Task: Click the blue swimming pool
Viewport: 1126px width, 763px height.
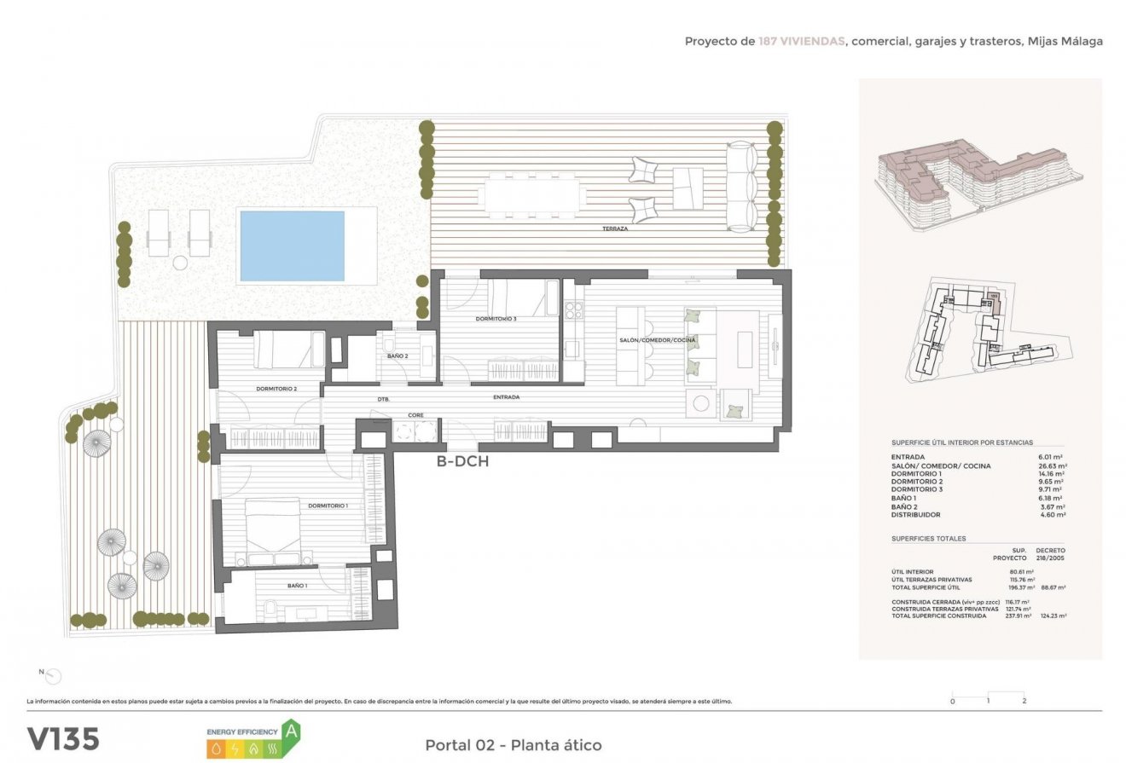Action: click(292, 246)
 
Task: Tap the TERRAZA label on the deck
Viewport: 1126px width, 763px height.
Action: click(615, 229)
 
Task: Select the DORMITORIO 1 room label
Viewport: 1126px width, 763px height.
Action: click(328, 506)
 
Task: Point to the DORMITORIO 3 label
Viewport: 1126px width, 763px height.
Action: click(496, 319)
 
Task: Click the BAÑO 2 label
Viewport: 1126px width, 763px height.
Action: click(398, 355)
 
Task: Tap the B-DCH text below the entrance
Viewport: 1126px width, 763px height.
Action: click(462, 461)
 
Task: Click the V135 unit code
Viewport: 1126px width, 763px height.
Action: click(63, 738)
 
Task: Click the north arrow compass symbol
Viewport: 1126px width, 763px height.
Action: click(53, 677)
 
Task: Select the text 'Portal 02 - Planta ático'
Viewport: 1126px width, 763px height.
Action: click(513, 745)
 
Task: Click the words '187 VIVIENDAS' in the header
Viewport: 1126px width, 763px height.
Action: click(802, 41)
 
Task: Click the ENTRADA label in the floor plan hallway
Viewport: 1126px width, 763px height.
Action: click(506, 397)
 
